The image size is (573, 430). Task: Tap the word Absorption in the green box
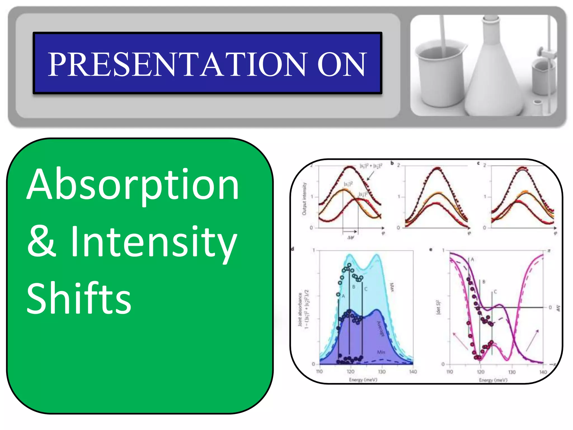tap(133, 185)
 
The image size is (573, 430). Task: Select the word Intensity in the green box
tap(153, 242)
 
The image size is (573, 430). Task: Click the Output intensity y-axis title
tap(304, 199)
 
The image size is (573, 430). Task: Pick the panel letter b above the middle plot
tap(392, 163)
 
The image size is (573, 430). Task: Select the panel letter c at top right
tap(478, 163)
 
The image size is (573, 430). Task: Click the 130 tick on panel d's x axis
tap(382, 372)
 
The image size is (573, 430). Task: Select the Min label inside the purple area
tap(381, 352)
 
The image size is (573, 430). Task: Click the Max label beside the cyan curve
tap(392, 287)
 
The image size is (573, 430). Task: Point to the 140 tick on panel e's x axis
tap(543, 372)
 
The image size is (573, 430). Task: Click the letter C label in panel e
tap(495, 292)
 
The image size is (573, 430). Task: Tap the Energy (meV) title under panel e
tap(493, 380)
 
